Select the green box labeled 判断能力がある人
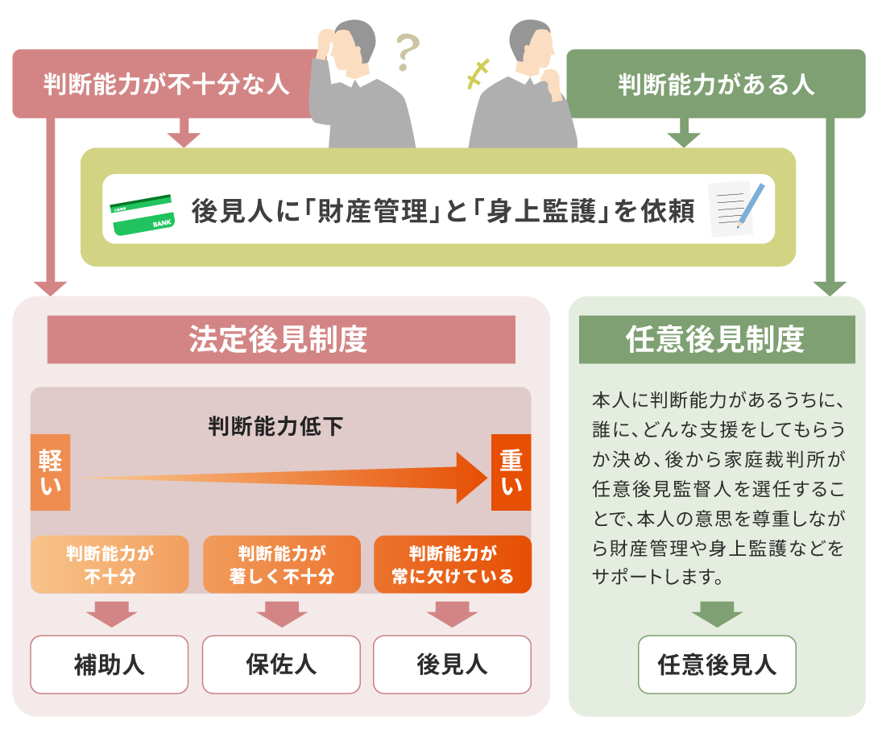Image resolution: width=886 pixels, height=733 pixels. click(715, 84)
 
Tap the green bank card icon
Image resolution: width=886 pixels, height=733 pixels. click(143, 214)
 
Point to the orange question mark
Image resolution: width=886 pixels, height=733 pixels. click(408, 54)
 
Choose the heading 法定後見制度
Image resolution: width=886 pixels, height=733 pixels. click(281, 339)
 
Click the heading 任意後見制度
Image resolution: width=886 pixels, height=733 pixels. click(717, 339)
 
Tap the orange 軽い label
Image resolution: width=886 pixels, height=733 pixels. click(50, 473)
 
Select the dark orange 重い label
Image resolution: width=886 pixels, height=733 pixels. click(511, 473)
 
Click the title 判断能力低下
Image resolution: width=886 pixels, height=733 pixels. click(275, 426)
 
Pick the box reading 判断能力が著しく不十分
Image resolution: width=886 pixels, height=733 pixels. click(281, 565)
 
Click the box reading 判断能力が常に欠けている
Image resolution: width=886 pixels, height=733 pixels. click(453, 565)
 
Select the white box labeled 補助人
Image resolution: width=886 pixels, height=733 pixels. click(110, 665)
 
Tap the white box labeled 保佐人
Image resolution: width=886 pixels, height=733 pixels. click(281, 665)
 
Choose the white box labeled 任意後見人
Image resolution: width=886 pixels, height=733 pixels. click(717, 665)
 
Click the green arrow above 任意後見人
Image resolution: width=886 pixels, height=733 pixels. click(717, 614)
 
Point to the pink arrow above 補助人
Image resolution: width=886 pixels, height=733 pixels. click(110, 614)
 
